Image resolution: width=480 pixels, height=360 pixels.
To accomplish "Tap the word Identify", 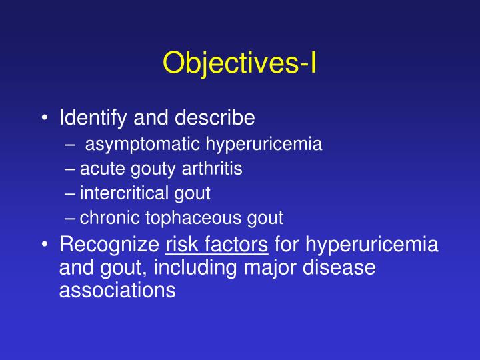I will (89, 118).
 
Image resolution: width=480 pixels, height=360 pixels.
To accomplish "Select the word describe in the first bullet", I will (214, 118).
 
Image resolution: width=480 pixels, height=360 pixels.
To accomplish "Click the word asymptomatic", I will (143, 144).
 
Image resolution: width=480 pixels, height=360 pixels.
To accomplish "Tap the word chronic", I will (106, 217).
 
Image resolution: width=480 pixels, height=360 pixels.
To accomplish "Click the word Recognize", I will (109, 245).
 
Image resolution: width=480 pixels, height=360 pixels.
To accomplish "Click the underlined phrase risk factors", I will (217, 245).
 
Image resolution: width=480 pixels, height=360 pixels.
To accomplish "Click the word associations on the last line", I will (117, 290).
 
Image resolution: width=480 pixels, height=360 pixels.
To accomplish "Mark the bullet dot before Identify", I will (44, 119).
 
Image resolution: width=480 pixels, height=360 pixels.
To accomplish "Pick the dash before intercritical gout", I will (71, 194).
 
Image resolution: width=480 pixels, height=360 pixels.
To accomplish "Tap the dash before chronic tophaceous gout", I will (71, 218).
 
